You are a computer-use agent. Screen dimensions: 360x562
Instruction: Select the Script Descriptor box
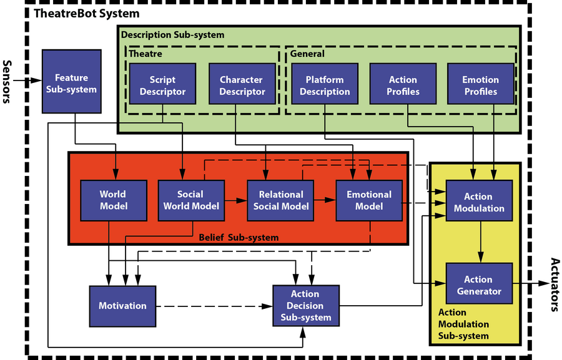(x=162, y=85)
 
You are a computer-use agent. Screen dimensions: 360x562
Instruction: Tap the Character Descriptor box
(x=242, y=85)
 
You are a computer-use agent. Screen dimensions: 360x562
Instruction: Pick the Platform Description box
(x=325, y=85)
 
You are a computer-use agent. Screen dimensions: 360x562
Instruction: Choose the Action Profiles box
(x=403, y=85)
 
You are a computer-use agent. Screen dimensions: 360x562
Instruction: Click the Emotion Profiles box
(x=480, y=85)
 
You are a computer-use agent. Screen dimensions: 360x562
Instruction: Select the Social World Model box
(x=190, y=200)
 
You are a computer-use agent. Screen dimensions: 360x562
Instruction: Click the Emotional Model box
(x=369, y=200)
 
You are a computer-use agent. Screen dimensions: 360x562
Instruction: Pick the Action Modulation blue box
(x=479, y=200)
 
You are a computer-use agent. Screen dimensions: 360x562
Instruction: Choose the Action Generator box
(x=479, y=285)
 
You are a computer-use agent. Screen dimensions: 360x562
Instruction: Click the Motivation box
(x=122, y=306)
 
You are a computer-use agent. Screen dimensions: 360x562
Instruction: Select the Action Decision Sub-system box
(x=305, y=306)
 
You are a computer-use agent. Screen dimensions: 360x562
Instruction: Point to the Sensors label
(x=8, y=81)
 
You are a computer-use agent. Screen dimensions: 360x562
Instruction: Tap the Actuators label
(x=553, y=284)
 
